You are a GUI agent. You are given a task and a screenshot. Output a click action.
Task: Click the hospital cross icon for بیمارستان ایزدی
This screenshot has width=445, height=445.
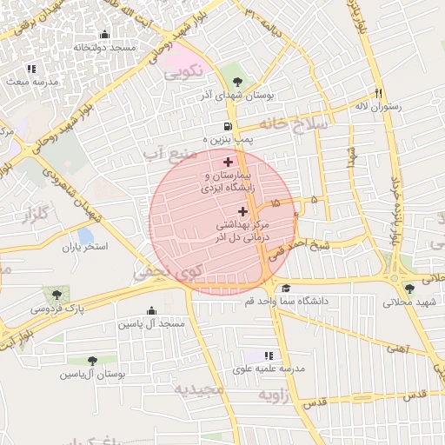(229, 162)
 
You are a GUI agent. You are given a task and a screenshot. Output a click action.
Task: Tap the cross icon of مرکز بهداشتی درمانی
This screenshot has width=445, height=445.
(242, 211)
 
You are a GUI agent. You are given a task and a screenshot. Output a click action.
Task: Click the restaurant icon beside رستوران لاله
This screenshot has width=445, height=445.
(378, 93)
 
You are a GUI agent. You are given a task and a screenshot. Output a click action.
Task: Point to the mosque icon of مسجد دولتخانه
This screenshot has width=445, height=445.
(105, 35)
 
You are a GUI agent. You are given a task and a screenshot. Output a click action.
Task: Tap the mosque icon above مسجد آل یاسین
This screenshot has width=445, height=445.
(153, 310)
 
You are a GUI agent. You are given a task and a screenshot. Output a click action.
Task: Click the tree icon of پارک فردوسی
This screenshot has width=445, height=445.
(57, 295)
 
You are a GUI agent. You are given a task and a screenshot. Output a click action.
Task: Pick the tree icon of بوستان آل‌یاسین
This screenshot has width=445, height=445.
(92, 361)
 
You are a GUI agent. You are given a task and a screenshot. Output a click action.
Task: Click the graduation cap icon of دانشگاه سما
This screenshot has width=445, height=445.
(286, 288)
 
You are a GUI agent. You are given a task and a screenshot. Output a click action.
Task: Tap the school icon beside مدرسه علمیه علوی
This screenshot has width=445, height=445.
(268, 356)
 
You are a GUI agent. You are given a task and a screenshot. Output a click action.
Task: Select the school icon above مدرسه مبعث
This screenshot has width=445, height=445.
(31, 68)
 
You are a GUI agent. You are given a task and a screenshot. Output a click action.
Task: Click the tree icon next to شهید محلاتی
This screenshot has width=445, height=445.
(409, 289)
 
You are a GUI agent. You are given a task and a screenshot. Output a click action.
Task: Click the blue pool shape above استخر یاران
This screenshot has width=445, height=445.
(85, 235)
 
